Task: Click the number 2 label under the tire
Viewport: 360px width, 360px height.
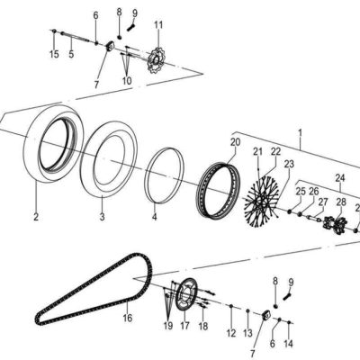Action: (36, 217)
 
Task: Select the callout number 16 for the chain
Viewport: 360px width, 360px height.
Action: (127, 318)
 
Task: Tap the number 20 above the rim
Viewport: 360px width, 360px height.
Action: (235, 141)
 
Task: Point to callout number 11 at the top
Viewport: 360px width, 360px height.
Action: (158, 23)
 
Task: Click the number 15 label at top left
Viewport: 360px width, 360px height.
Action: (54, 56)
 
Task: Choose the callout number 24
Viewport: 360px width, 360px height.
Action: (340, 178)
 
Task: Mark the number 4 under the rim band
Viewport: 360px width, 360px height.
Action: (154, 217)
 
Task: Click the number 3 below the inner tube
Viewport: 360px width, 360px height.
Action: (102, 217)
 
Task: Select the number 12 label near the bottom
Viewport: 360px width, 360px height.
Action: (231, 333)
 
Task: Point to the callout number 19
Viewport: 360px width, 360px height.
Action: (167, 325)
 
